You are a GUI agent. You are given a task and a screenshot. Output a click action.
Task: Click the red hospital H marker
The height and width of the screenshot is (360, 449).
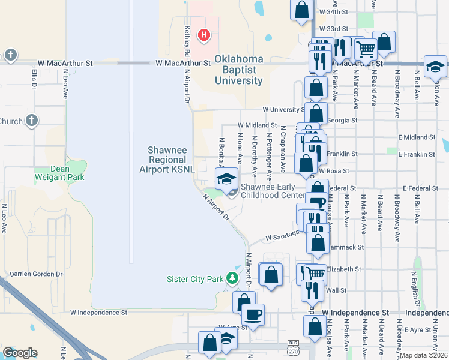205,35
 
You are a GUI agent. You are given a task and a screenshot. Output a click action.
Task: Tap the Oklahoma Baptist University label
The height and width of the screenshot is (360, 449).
240,70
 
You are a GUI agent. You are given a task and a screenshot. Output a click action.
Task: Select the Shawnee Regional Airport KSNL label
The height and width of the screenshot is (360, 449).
168,160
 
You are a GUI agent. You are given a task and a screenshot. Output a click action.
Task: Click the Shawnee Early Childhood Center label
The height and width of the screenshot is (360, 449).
272,191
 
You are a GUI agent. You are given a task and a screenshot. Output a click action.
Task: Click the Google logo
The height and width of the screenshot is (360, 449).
20,353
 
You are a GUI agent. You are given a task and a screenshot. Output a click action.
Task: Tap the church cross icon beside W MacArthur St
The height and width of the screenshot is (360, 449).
11,55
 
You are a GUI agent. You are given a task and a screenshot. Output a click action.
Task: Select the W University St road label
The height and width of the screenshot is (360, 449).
283,110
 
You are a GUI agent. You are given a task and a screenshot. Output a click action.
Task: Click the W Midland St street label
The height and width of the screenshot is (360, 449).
256,125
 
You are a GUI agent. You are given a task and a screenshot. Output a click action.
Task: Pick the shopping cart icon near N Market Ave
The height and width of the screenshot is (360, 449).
365,49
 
